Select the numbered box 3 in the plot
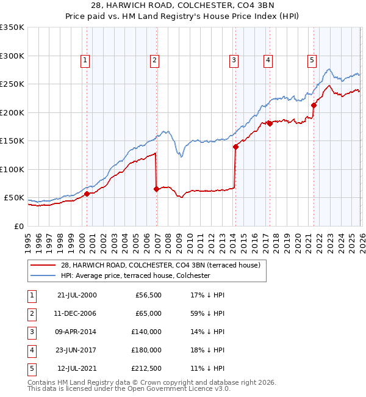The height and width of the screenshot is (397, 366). point(234,60)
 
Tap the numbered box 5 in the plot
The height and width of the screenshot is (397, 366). point(312,60)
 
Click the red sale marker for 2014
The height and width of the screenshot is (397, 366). point(235,147)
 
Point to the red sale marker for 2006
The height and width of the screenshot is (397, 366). point(156,189)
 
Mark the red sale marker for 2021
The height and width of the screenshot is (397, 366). point(314,105)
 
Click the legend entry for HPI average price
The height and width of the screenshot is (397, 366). point(135,275)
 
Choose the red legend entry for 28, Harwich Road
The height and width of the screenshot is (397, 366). point(160,265)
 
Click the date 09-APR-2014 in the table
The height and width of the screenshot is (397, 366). point(76,332)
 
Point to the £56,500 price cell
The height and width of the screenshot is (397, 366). point(147,295)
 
